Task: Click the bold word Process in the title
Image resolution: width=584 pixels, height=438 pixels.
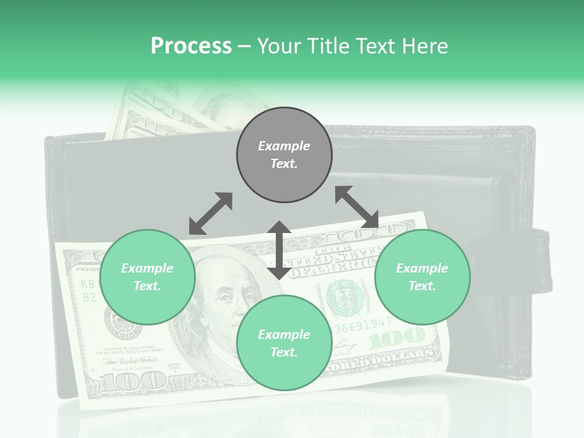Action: [191, 46]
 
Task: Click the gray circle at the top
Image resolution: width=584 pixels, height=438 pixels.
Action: [284, 155]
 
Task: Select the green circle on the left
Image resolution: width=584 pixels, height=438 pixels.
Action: [147, 277]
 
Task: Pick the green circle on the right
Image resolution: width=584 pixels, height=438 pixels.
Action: [422, 277]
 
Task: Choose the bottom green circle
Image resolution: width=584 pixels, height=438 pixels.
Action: [284, 343]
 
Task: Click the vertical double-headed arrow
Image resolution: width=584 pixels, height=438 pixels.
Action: [279, 250]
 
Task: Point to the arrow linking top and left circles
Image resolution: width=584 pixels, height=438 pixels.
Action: [210, 214]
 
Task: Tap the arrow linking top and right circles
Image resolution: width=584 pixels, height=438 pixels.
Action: [357, 207]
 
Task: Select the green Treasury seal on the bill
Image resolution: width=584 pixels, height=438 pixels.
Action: [345, 297]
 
